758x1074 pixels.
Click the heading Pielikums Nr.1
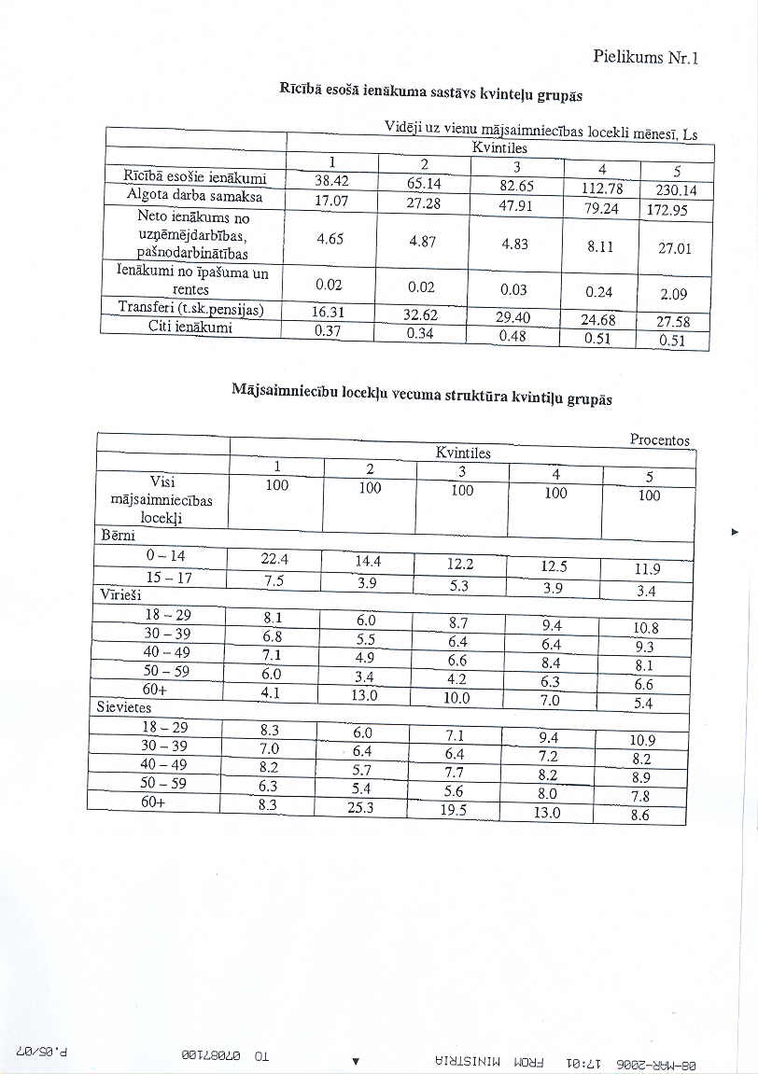[646, 57]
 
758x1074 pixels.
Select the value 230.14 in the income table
[683, 191]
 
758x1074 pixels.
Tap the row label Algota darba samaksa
[195, 197]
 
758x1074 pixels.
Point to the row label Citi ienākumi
[189, 328]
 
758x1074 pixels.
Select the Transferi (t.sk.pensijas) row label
[191, 308]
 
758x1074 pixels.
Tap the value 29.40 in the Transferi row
[513, 317]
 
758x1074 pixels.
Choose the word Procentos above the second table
[659, 439]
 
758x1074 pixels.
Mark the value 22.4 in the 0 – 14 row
[274, 559]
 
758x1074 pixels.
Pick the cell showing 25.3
[360, 808]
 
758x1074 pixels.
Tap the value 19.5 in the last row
[453, 810]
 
